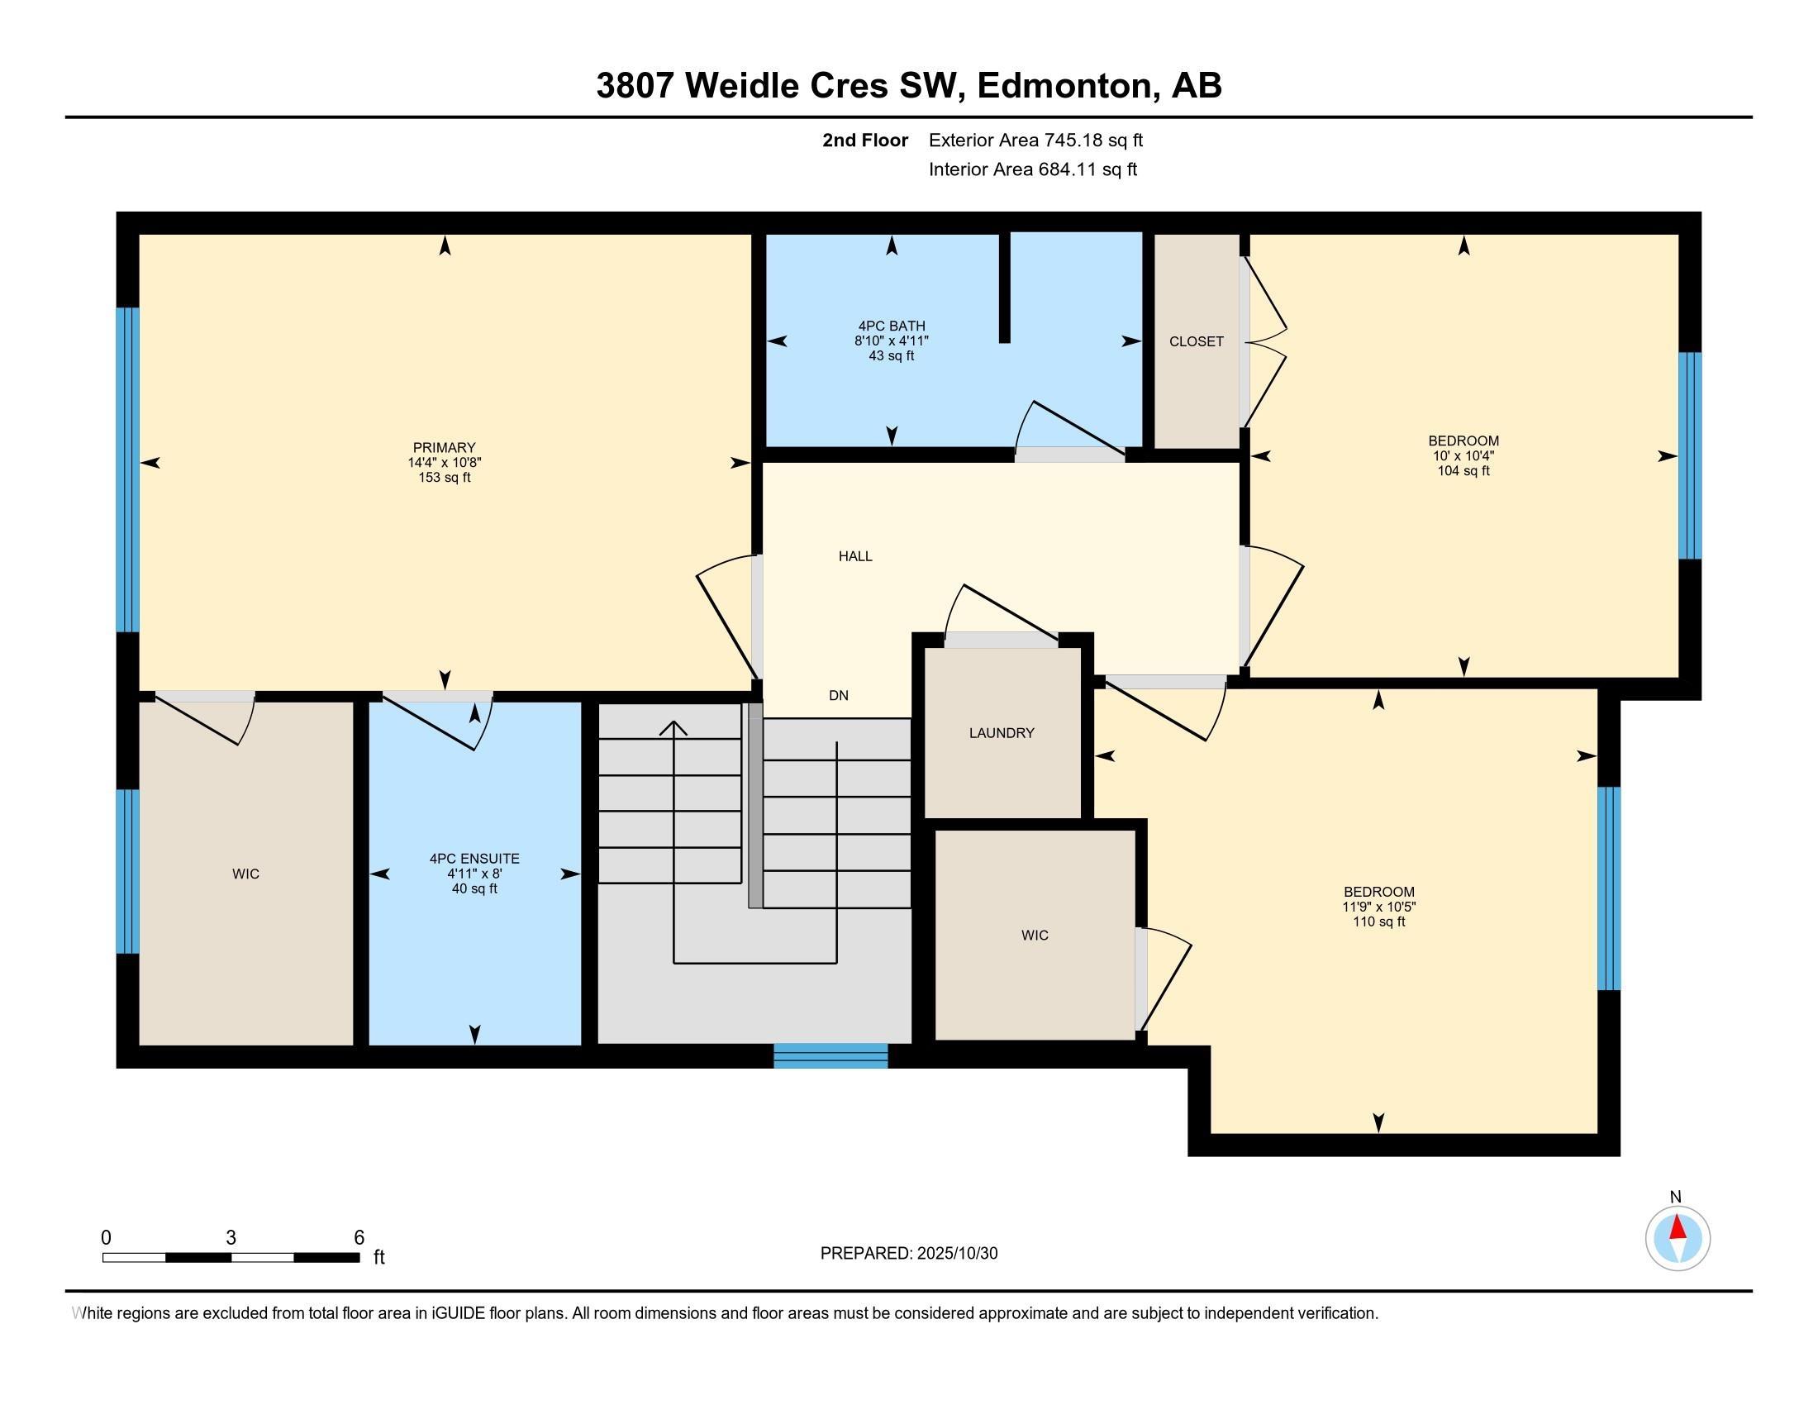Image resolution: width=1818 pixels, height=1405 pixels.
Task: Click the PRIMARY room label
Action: pos(445,448)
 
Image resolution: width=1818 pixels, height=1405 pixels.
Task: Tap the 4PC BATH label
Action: pos(892,326)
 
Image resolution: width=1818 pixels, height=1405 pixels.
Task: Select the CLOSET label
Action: pos(1197,341)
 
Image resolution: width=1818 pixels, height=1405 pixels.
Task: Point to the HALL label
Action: pos(855,556)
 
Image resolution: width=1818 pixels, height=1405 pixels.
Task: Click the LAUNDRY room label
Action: pos(1002,733)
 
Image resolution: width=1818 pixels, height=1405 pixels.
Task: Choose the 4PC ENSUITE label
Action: pos(474,858)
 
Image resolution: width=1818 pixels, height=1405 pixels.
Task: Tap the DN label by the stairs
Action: pos(838,695)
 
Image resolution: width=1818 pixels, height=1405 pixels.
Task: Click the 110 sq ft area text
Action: pos(1378,922)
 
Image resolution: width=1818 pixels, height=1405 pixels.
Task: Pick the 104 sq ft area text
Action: pos(1463,470)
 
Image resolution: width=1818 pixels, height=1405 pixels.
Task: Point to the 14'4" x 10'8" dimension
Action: pos(445,463)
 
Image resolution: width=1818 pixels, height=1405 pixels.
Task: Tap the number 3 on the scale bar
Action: pos(231,1238)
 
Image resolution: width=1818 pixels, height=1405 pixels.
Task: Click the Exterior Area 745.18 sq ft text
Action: pos(1035,140)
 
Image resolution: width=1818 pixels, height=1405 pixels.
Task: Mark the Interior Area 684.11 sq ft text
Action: pos(1032,169)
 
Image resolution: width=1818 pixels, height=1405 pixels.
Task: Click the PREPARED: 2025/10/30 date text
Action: pos(909,1253)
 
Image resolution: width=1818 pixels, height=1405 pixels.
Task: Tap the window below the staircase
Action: pos(830,1055)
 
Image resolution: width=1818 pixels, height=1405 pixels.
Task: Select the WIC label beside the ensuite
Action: pos(245,874)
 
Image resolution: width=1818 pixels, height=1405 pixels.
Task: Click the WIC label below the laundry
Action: pos(1035,936)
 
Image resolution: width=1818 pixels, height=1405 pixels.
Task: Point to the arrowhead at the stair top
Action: pos(673,726)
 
